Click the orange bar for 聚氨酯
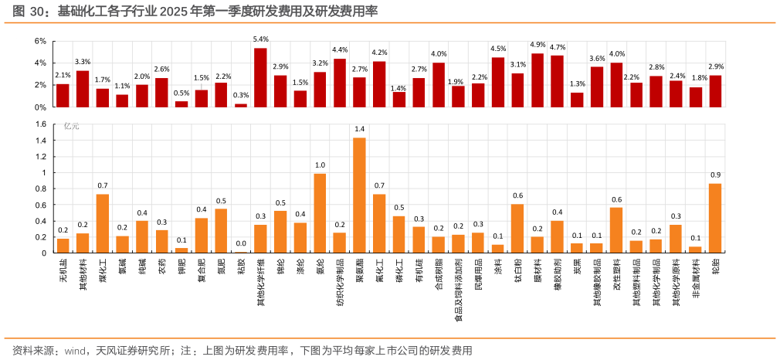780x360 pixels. coord(359,195)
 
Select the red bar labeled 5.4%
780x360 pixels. coord(260,77)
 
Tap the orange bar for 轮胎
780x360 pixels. coord(715,218)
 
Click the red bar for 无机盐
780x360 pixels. coord(63,95)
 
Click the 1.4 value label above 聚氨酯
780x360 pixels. coord(359,129)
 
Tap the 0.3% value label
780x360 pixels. coord(241,95)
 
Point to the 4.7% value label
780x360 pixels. coord(558,47)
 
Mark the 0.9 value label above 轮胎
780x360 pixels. coord(715,175)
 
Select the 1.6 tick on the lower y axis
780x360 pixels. coord(42,124)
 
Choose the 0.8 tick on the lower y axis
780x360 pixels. coord(42,188)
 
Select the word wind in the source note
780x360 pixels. coord(74,351)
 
